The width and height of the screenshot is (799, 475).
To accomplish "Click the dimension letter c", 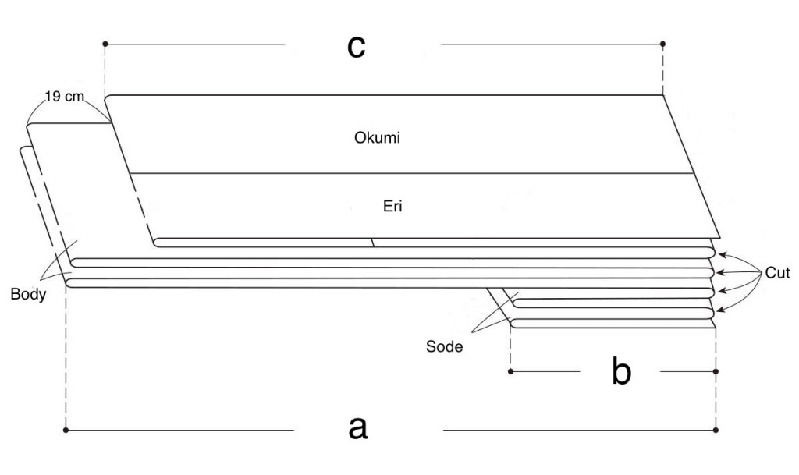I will (x=357, y=46).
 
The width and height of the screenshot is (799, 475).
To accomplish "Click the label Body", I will (x=27, y=296).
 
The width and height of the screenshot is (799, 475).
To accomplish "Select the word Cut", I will (x=777, y=273).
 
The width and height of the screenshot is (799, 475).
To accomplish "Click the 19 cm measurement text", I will (x=66, y=99).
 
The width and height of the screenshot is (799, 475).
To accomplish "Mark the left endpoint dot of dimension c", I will (x=105, y=44).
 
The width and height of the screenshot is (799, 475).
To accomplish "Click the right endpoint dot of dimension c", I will (x=662, y=44).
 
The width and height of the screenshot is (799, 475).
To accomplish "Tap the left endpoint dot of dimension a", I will (x=66, y=429).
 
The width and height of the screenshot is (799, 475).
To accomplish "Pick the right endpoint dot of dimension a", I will (x=716, y=429).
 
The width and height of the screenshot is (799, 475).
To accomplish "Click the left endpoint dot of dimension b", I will (x=510, y=372).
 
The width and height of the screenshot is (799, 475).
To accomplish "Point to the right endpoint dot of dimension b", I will (x=716, y=372).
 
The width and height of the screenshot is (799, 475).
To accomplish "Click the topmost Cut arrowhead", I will (x=719, y=253).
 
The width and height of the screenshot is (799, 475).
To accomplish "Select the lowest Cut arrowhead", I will (x=719, y=310).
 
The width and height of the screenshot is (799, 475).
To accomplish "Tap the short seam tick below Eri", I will (x=373, y=243).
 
